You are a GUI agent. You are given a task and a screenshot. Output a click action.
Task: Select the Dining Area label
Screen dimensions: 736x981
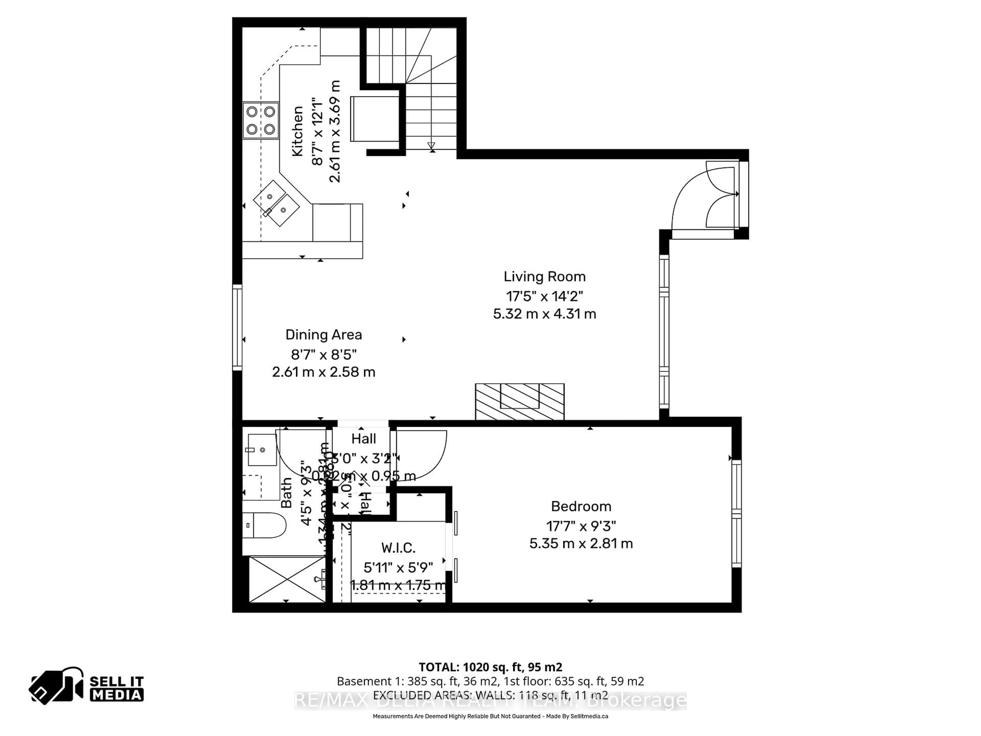(323, 335)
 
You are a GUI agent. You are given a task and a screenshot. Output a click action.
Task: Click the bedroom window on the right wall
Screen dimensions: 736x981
(736, 514)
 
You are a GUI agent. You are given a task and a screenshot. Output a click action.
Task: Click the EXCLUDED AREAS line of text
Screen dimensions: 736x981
(490, 695)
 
